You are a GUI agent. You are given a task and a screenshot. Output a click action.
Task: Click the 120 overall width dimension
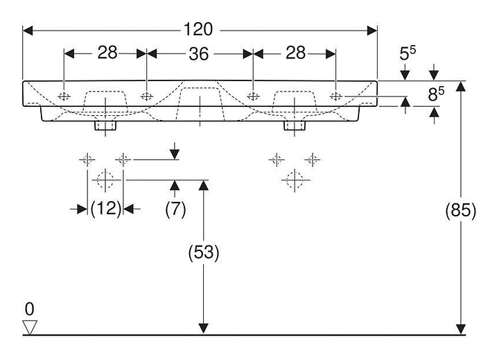coord(198,30)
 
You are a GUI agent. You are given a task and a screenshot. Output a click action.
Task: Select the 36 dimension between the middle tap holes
coord(199,53)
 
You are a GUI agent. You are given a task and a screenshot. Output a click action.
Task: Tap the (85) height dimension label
coord(460,211)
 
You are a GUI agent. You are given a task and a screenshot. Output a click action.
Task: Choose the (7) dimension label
coord(175,208)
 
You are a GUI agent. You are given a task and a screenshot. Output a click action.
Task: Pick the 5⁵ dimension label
coord(409,53)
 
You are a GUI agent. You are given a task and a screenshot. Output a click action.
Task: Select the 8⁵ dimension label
coord(435,93)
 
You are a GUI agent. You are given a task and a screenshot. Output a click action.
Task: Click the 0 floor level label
coord(29,307)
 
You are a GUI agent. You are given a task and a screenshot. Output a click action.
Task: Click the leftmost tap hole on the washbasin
coord(64,96)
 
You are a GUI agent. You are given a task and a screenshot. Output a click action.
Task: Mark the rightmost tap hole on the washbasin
coord(335,96)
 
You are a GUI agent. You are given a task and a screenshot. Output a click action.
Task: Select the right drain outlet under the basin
coord(294,126)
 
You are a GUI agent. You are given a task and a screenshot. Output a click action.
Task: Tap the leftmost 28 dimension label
coord(106,53)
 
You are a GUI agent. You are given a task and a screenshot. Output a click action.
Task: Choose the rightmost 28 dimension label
coord(295,53)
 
